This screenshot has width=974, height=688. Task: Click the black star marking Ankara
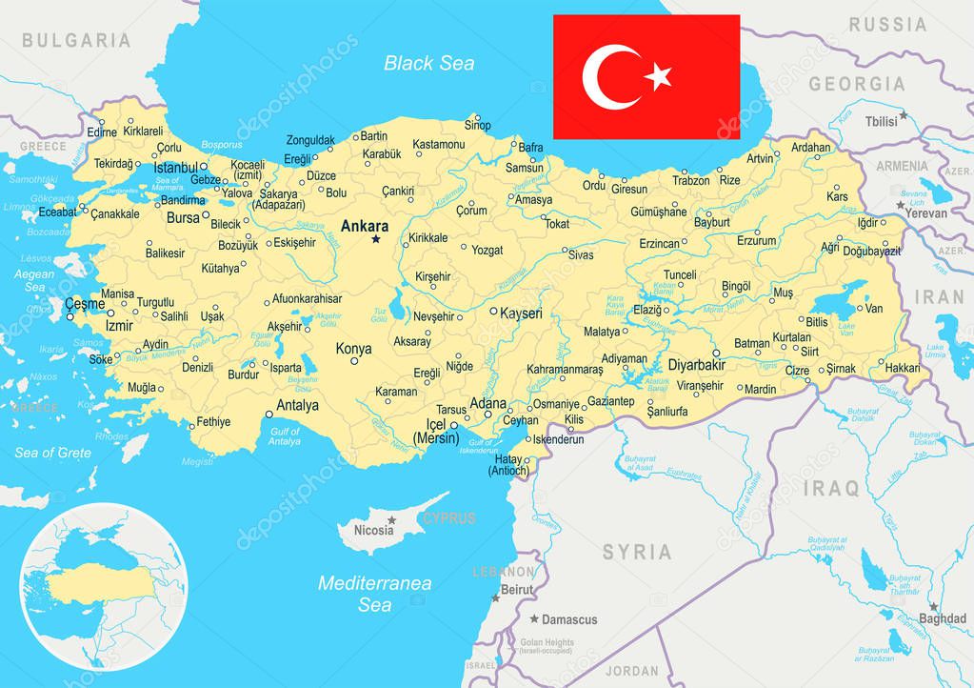point(375,239)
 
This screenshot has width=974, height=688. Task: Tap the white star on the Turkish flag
point(658,76)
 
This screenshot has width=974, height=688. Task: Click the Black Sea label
point(428,64)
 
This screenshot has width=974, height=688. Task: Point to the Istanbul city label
point(175,168)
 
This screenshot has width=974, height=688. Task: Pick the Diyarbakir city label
point(697,365)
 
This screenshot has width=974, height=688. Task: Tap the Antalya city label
point(297,405)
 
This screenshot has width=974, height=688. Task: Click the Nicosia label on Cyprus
point(373,531)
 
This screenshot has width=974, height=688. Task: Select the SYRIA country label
point(636,552)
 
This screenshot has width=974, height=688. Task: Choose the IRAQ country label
point(831,489)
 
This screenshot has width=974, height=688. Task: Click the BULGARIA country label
point(76,40)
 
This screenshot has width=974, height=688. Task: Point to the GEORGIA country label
point(857,84)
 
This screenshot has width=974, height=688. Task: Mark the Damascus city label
point(569,619)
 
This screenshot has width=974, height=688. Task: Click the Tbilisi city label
point(881,122)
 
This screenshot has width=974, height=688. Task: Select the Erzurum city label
point(757,241)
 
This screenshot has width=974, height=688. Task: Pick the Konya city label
point(353,349)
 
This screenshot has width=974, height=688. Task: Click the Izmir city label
point(119,325)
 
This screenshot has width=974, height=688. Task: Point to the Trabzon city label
point(691,180)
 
